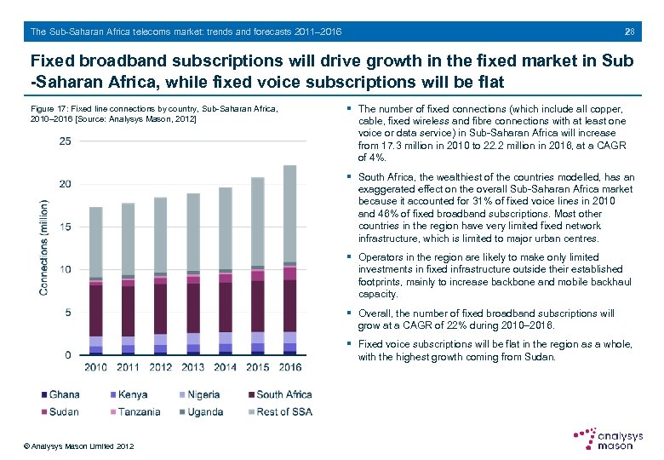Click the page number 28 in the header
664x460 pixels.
629,32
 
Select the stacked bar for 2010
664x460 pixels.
95,281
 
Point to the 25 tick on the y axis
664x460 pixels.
65,141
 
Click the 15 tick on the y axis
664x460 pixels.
65,227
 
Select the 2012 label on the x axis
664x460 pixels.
160,367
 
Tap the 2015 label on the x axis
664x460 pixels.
257,367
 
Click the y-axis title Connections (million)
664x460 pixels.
43,248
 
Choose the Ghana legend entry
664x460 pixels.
60,394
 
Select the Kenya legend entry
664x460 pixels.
127,394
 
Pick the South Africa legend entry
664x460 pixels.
277,394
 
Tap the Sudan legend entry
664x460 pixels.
60,411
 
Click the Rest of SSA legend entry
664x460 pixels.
279,411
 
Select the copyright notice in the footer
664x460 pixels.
79,446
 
